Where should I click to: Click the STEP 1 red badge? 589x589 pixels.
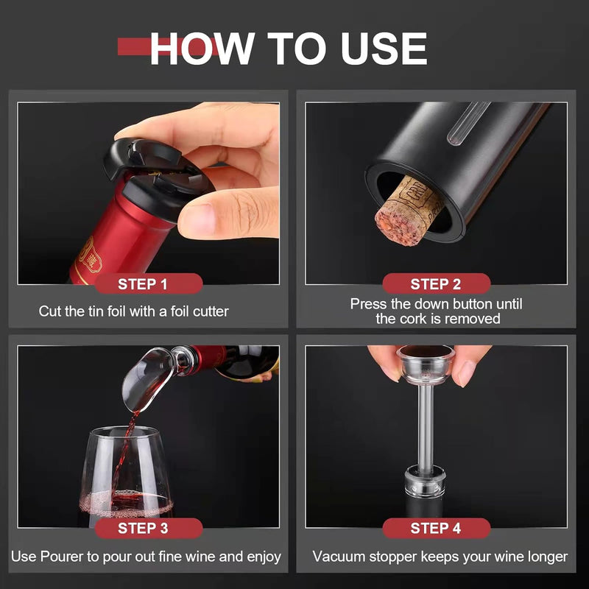point(149,283)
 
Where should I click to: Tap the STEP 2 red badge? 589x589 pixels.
point(436,283)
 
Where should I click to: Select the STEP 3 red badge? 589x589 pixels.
point(149,528)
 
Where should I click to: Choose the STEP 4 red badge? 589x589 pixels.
point(436,528)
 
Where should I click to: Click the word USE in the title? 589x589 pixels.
point(384,49)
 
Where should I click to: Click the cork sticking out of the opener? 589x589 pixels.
point(408,211)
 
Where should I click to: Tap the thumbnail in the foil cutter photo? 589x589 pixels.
point(197,219)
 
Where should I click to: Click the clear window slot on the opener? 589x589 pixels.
point(468,123)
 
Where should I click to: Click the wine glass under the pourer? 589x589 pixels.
point(125,474)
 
